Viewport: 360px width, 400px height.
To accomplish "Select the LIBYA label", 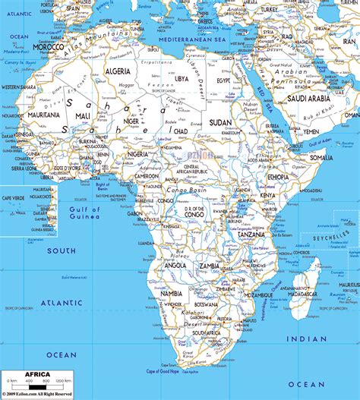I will coord(182,78).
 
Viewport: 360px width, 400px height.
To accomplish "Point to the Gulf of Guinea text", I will coord(82,212).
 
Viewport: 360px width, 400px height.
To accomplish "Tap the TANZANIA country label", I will coord(251,235).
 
